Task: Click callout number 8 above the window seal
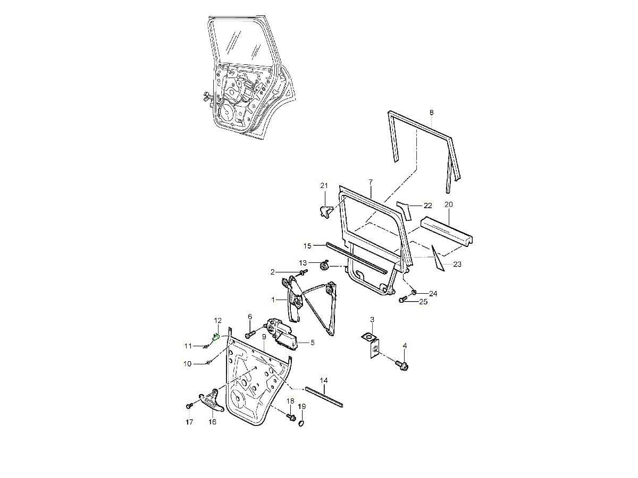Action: (431, 112)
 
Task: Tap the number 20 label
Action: (448, 204)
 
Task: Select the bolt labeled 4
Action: (403, 365)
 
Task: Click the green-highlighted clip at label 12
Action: (216, 336)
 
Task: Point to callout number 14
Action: (324, 380)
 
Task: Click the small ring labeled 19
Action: (301, 423)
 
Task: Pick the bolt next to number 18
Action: (290, 416)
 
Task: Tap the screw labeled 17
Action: (189, 406)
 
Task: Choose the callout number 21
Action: (324, 185)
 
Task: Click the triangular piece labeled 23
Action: (438, 257)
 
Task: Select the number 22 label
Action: (428, 205)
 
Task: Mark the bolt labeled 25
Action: (403, 301)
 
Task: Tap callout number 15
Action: (307, 245)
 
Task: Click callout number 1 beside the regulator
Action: (273, 300)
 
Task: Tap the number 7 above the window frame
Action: (371, 182)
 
